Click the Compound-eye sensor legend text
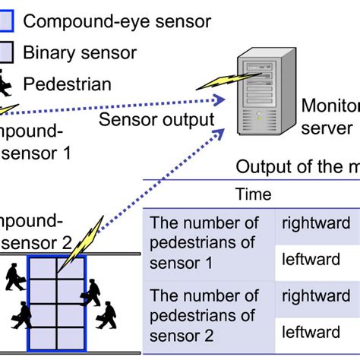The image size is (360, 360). coord(117,21)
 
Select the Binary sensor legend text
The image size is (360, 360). coord(80,52)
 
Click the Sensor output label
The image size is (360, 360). coord(156,119)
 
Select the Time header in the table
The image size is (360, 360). coord(254,194)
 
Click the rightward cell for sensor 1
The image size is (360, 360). coord(312,223)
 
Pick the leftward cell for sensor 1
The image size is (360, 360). coord(311,260)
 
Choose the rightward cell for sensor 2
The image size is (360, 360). coord(312,296)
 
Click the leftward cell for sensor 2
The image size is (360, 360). coord(311,332)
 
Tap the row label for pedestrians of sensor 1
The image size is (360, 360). coord(204,242)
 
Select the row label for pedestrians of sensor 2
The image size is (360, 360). coord(204,314)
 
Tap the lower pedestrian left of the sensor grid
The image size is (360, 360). coord(22,314)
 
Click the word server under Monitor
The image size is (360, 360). coord(327,127)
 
